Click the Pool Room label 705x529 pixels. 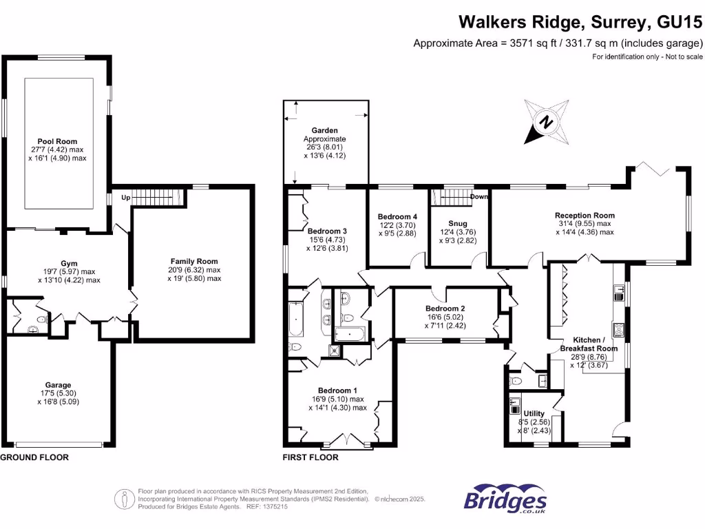[57, 141]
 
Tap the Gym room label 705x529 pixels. [69, 263]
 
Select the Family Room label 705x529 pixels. [194, 261]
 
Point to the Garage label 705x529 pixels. [59, 385]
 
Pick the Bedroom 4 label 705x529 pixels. [397, 216]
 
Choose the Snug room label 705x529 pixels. [457, 224]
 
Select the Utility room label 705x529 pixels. [534, 413]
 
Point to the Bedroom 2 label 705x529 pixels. [445, 308]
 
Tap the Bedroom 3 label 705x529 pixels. [327, 231]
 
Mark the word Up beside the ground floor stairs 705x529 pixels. [125, 198]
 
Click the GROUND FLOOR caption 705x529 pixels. [34, 457]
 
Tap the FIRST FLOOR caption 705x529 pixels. [311, 457]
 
